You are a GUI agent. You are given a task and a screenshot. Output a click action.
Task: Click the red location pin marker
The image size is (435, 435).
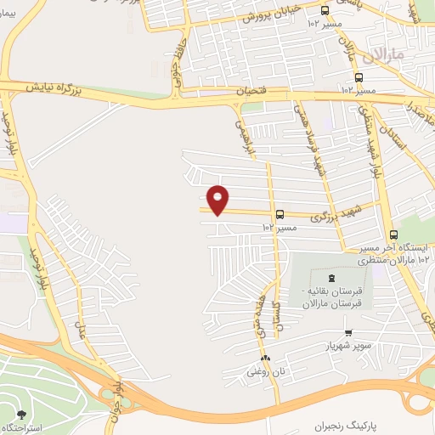tap(218, 199)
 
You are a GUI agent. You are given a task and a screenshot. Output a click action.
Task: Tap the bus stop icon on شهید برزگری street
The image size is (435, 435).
tap(280, 215)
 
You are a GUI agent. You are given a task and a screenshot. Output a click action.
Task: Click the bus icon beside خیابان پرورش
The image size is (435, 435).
tap(325, 10)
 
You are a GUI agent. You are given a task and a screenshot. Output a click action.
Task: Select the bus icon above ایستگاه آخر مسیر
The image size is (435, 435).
tap(393, 235)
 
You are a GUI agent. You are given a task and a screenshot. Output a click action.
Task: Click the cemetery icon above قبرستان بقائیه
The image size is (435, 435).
tap(331, 280)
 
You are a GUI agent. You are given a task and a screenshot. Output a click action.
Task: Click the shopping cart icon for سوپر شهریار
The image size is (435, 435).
tap(348, 333)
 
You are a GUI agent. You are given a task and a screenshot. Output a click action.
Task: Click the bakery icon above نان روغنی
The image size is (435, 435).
tap(266, 358)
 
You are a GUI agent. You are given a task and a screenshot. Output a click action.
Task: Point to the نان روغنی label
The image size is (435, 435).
tap(263, 371)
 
